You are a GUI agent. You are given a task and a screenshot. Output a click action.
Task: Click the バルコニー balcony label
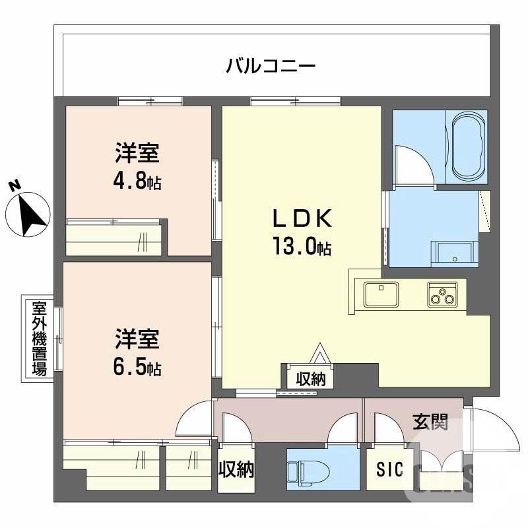271,66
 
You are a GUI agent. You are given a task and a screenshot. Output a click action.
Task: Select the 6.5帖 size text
137,365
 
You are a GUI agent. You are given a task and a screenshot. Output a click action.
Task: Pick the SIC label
389,470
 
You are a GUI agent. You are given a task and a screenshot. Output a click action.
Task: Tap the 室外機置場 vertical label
38,338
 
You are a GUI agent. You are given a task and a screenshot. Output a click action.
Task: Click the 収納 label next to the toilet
236,469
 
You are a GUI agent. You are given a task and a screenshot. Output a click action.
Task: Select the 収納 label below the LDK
310,378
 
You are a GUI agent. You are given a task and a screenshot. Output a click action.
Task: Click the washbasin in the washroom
453,253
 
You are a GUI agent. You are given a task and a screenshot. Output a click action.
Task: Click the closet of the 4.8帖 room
115,238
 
